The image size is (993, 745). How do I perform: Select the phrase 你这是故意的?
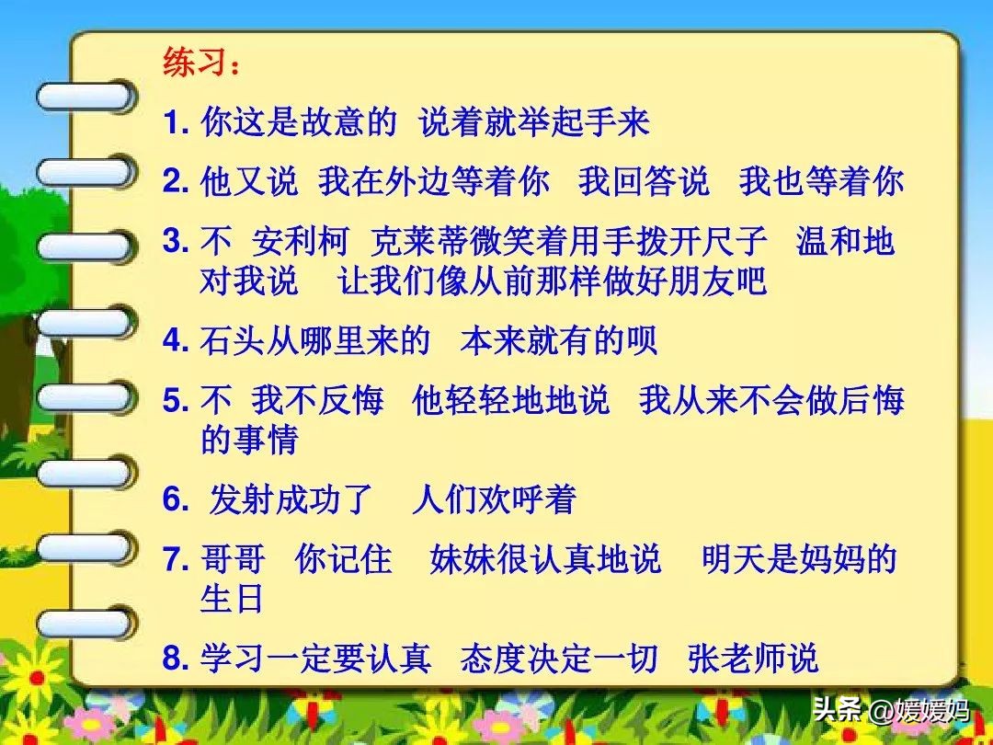coord(299,122)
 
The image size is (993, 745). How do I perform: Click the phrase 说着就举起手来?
coord(534,122)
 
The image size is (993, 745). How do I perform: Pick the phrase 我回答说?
coord(644,181)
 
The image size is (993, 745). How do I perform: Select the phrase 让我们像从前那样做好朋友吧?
coord(552,281)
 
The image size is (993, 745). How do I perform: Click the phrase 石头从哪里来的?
coord(315,341)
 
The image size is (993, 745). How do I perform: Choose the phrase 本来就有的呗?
coord(559,341)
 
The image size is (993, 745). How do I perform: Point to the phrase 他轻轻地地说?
coord(510,401)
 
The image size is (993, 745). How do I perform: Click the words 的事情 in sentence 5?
coord(249,441)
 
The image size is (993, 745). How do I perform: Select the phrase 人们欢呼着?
coord(494,499)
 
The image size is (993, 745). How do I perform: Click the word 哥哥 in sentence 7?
coord(233,559)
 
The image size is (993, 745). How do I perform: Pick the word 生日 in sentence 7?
coord(233,600)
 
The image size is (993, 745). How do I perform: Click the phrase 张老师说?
coord(752,659)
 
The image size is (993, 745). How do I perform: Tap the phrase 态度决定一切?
coord(559,659)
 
